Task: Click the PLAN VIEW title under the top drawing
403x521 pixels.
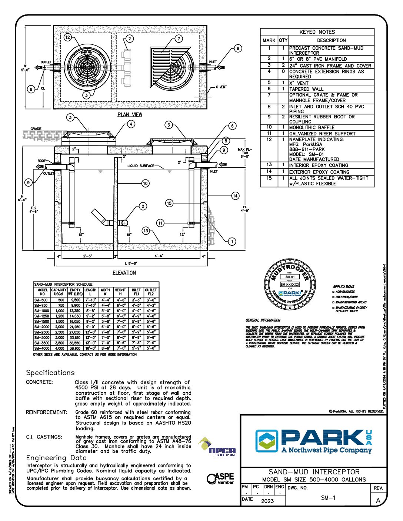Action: point(130,114)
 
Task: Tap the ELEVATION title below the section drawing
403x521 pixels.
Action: point(124,273)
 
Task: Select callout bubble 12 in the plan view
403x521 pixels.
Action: point(67,37)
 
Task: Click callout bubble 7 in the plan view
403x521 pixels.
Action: point(179,39)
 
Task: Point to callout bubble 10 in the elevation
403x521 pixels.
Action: point(145,183)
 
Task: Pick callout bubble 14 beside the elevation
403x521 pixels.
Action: point(235,195)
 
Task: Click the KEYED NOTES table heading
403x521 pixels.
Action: point(317,32)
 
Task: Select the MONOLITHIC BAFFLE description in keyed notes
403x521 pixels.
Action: point(312,127)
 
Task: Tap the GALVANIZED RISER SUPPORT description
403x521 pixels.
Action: point(322,134)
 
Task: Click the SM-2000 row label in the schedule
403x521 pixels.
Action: point(41,327)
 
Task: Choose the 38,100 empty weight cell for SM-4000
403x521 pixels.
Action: point(75,348)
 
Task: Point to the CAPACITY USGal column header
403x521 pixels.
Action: point(59,292)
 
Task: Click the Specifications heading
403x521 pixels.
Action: point(50,373)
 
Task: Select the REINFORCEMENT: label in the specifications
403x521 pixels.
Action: point(47,412)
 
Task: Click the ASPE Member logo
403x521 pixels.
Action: point(220,478)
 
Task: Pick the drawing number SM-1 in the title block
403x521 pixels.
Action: point(328,498)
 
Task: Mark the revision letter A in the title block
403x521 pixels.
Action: point(378,501)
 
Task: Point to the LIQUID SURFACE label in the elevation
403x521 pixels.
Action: point(141,166)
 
